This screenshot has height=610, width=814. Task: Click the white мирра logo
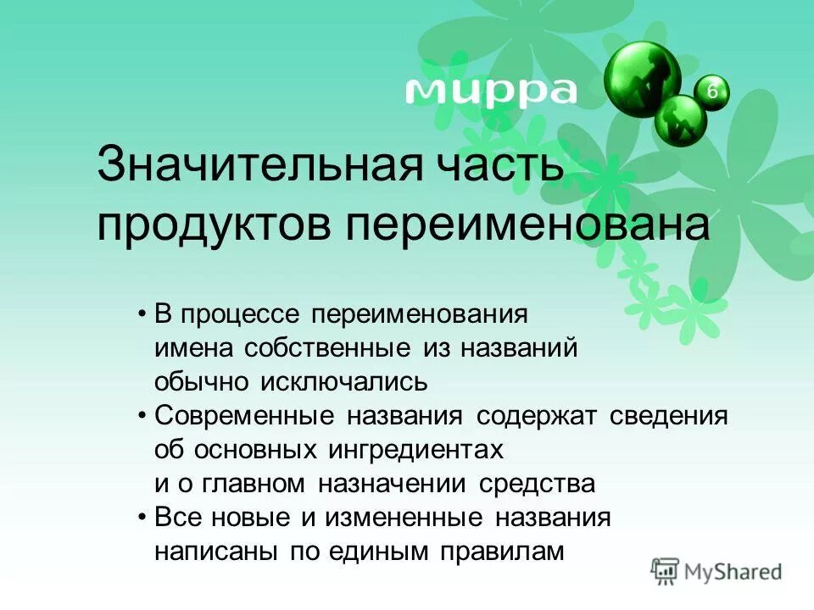tap(490, 89)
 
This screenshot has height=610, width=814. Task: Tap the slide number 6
tap(712, 91)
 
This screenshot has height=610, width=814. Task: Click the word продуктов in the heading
tap(214, 224)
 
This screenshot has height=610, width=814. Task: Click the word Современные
tap(243, 417)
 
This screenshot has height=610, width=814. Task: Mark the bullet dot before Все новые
tap(142, 518)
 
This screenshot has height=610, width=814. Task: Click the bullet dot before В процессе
tap(142, 314)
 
